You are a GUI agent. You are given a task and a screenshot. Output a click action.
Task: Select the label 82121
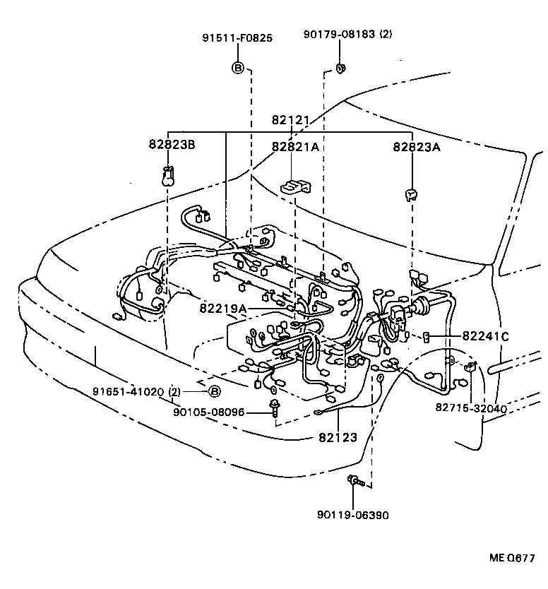coord(291,121)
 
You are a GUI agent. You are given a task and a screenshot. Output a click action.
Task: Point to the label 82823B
coord(172,145)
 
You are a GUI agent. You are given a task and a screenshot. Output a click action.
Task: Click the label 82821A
coord(295,146)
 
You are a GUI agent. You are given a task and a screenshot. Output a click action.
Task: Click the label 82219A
coord(222,309)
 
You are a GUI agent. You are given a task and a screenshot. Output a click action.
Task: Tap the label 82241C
coord(485,336)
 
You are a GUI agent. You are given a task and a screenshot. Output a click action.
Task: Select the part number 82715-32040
coord(471,408)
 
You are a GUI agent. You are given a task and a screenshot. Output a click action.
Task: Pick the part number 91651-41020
coord(128,391)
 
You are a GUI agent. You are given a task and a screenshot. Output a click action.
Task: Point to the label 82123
coord(338,438)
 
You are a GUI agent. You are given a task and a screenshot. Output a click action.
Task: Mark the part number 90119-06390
coord(352,515)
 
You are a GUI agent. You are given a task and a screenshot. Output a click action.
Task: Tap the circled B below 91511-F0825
coord(238,68)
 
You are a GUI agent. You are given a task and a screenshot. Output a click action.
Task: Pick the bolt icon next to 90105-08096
coord(274,407)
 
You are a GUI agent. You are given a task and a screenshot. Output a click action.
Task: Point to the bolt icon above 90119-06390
coord(355,482)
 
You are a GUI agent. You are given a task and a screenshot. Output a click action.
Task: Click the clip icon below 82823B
coord(168,175)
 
